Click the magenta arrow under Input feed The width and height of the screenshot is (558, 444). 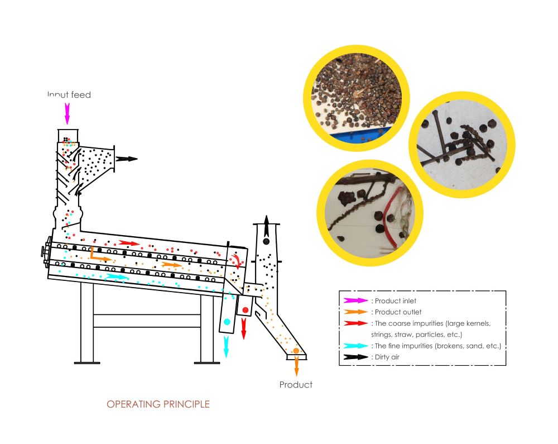click(x=68, y=113)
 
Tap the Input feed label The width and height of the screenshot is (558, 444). click(x=69, y=95)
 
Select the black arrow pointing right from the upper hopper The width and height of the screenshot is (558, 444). click(x=127, y=159)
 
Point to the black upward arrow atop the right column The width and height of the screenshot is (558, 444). click(x=266, y=227)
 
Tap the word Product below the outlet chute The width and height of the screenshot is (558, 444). click(x=296, y=385)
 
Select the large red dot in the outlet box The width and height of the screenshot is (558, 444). click(x=245, y=309)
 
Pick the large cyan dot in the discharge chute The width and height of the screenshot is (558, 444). click(x=227, y=322)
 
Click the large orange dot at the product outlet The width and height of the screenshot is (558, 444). click(x=296, y=351)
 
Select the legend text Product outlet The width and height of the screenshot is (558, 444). click(x=398, y=312)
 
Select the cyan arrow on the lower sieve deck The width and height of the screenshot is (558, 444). click(x=118, y=277)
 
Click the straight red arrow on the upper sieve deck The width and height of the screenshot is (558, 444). click(x=129, y=244)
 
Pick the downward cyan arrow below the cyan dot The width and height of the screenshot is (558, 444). click(x=227, y=346)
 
